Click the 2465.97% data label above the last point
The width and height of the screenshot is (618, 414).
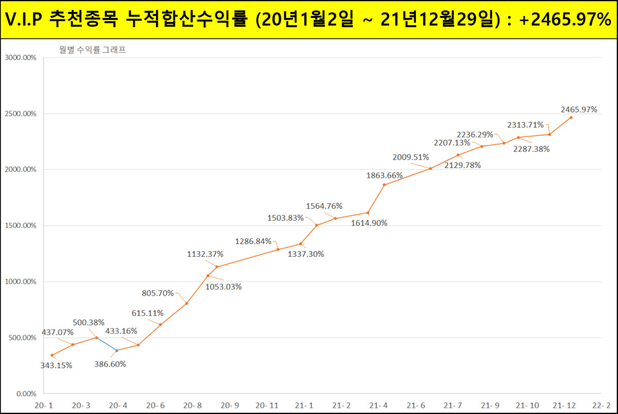[x=579, y=109]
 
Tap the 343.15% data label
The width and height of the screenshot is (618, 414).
[x=56, y=366]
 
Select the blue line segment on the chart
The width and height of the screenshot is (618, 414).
[x=107, y=344]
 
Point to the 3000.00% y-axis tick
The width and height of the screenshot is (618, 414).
[x=20, y=58]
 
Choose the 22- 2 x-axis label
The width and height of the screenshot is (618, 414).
[x=601, y=405]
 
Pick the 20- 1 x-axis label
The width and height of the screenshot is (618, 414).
[x=44, y=405]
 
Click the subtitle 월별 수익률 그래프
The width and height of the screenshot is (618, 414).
[x=93, y=50]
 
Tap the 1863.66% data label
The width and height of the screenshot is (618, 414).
[x=384, y=175]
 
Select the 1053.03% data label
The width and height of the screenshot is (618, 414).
[x=224, y=287]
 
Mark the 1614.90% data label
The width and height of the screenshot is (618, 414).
[x=369, y=223]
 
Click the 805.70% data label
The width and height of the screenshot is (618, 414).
[x=158, y=293]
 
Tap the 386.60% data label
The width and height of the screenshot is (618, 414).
[x=110, y=363]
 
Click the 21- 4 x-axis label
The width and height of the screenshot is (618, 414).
[x=379, y=405]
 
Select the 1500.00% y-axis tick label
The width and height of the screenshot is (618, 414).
[x=20, y=226]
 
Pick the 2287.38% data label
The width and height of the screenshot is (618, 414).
[x=531, y=149]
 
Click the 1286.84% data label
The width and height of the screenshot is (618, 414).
[x=253, y=241]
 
